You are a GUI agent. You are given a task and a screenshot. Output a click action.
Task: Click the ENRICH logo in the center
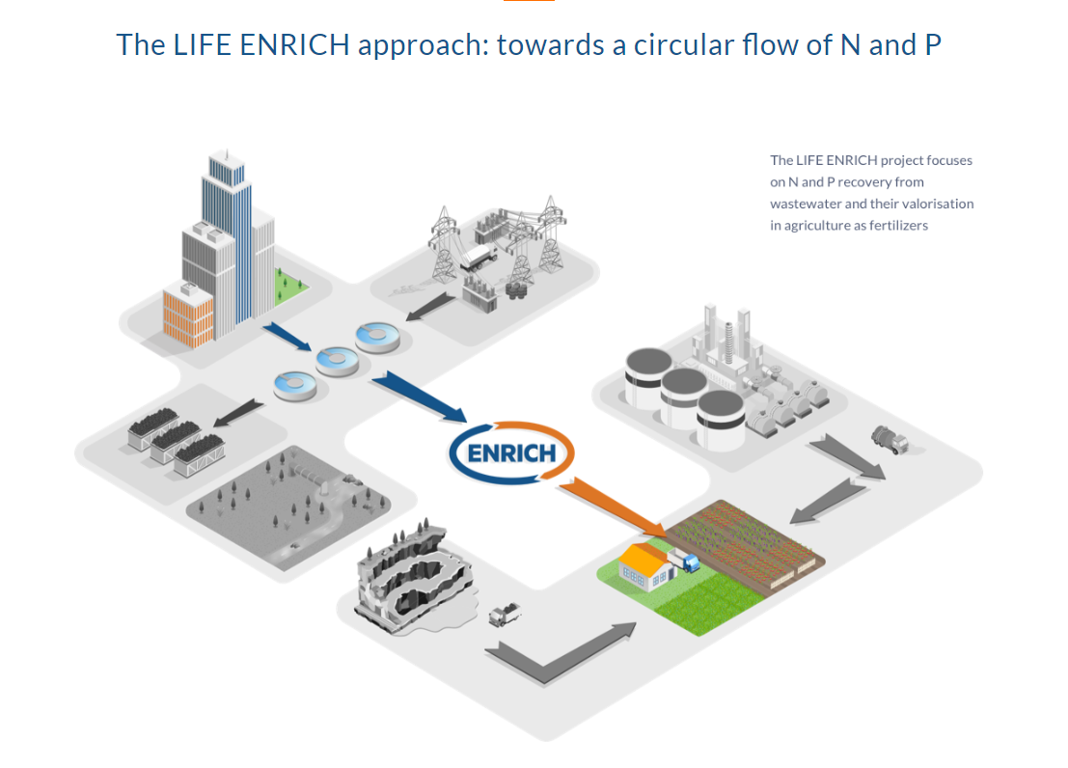point(510,452)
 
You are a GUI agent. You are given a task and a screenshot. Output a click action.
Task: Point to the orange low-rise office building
point(188,313)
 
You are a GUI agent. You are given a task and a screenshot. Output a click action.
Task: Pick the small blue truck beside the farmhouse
point(689,562)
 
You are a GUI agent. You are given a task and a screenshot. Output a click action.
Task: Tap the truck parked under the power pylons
point(479,256)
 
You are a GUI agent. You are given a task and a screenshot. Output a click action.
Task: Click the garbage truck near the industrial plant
point(889,440)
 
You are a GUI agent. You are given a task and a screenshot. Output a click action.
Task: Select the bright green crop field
point(710,603)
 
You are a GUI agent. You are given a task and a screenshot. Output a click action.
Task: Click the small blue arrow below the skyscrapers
point(287,337)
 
